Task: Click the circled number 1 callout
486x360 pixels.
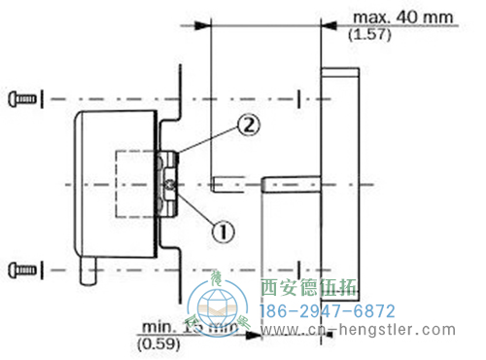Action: [x=223, y=231]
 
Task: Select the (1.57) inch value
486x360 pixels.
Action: [x=364, y=35]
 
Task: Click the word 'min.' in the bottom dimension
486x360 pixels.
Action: [x=152, y=328]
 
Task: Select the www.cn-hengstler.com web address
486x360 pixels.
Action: [x=361, y=333]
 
